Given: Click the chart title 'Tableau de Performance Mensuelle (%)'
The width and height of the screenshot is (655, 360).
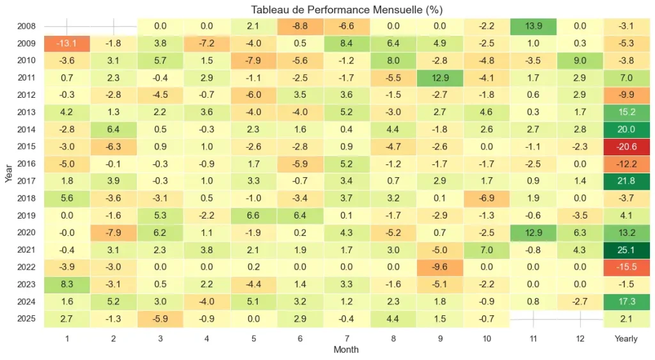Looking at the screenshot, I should point(346,10).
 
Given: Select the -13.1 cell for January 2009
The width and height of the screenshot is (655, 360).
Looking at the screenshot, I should point(67,43).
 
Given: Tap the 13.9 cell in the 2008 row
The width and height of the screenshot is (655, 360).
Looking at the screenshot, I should point(533,27).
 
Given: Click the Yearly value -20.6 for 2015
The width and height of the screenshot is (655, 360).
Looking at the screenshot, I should point(626,146).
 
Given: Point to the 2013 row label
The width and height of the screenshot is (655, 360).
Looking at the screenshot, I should point(26,112).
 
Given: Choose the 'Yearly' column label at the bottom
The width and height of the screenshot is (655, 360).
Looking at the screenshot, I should point(626,338).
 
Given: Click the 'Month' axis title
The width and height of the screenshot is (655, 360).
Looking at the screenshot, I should point(346,350).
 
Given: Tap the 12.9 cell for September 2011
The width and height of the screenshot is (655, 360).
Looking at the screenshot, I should point(439,78).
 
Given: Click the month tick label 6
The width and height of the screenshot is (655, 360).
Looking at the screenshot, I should point(300,338).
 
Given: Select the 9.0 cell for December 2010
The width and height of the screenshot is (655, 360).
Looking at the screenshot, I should point(580,61).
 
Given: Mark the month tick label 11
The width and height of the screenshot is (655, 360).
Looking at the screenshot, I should point(533,338).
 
